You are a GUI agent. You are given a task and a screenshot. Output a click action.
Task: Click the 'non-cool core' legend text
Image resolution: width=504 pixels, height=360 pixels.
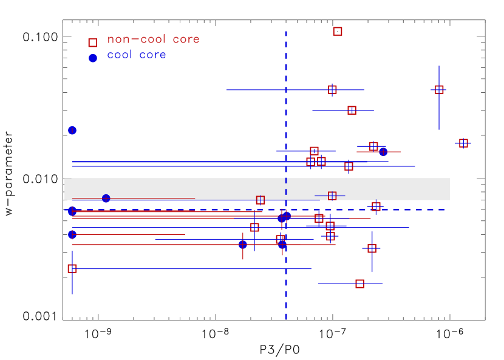pos(153,39)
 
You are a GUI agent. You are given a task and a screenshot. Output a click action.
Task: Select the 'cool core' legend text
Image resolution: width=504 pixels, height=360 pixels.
pos(137,55)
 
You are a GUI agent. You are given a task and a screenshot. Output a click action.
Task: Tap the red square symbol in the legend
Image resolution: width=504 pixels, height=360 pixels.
pos(92,42)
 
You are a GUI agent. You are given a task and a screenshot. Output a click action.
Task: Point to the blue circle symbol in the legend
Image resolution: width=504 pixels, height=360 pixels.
pos(92,58)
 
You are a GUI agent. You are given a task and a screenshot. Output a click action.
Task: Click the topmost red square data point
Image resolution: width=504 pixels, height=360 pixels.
pos(338,31)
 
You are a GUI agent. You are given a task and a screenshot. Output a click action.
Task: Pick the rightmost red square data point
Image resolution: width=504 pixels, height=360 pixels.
pos(463,143)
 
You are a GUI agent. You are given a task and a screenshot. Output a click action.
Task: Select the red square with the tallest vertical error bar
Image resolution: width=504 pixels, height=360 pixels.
pos(439,90)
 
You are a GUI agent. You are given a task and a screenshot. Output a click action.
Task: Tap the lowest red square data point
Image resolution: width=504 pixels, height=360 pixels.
pos(359,284)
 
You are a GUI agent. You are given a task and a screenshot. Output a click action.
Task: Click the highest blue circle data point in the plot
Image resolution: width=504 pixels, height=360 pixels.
pos(72,130)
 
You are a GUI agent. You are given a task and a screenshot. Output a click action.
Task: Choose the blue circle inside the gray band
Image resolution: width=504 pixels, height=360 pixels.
pos(106,198)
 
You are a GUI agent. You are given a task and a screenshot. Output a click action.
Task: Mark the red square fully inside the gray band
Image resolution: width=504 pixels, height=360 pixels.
pos(332,195)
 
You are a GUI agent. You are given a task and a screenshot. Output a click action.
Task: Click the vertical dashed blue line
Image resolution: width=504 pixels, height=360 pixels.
pos(286,91)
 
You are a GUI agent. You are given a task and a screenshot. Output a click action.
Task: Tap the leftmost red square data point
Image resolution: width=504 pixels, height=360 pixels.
pos(72,268)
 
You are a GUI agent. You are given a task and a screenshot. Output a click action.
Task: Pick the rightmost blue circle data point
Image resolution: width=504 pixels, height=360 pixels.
pos(383,152)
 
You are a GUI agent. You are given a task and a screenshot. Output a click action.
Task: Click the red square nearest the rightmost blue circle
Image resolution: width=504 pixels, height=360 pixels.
pos(373,146)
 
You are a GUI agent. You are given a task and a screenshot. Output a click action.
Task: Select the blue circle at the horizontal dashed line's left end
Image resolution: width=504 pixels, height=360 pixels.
pos(72,211)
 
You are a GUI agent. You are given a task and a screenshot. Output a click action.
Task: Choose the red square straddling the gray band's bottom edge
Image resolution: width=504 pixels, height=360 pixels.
pos(261,200)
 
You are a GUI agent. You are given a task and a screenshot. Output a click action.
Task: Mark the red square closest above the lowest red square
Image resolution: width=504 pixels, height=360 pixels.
pos(372,248)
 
